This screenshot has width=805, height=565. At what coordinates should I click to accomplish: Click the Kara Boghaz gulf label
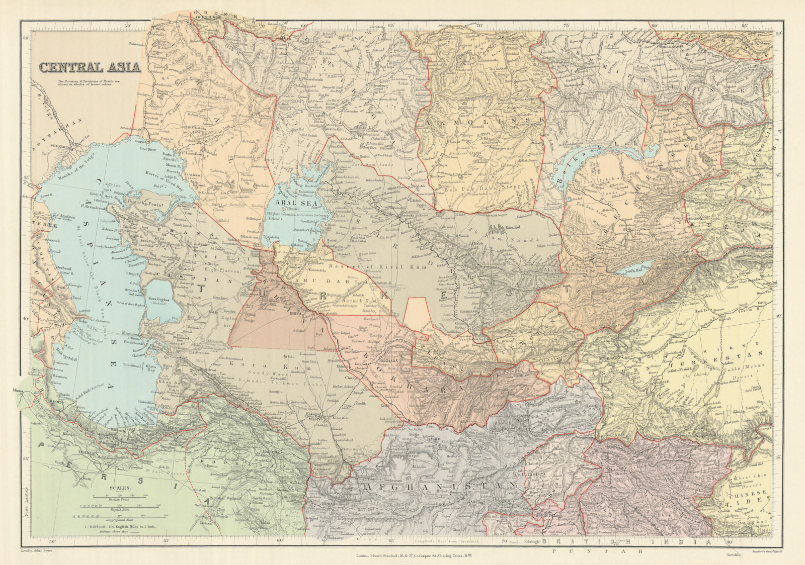157,300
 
